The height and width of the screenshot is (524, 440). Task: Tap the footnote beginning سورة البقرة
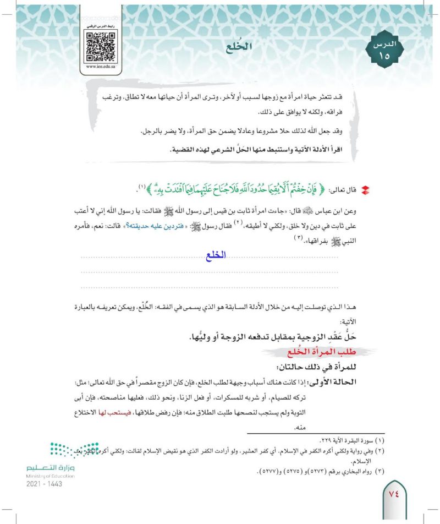pos(346,441)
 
